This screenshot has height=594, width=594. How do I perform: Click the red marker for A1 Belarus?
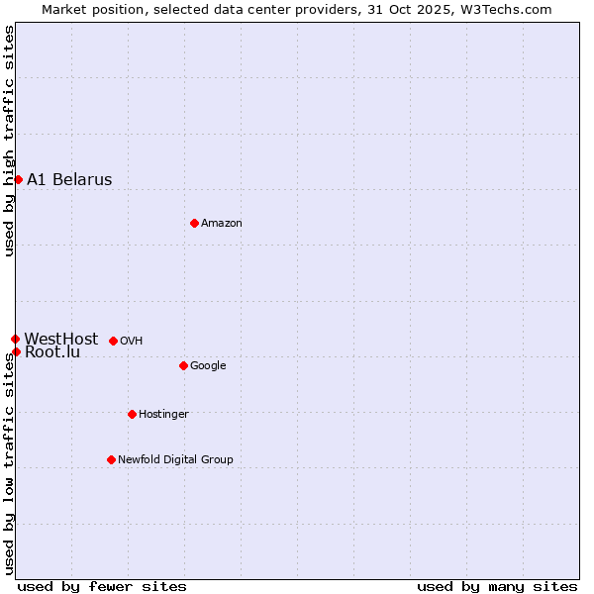[x=18, y=179]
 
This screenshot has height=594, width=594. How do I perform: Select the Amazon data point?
[x=194, y=223]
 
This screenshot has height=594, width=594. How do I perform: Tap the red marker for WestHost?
[x=15, y=339]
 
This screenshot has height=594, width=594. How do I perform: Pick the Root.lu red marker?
[x=16, y=351]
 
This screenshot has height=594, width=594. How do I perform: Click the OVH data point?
[x=113, y=341]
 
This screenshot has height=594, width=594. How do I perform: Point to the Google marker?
[x=183, y=365]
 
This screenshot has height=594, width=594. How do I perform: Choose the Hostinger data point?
[x=132, y=414]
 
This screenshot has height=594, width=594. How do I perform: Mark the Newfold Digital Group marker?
[x=111, y=459]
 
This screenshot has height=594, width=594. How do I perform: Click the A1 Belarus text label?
[x=69, y=180]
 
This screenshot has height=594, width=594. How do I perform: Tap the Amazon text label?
[x=221, y=224]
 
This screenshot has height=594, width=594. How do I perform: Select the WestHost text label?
[x=61, y=339]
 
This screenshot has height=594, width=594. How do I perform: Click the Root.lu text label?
[x=52, y=352]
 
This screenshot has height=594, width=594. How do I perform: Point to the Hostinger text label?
[x=163, y=414]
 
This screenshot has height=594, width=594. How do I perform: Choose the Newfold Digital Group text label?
[x=175, y=459]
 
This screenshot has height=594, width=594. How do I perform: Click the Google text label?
[x=208, y=366]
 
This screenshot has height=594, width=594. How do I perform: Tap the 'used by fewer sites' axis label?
[x=102, y=587]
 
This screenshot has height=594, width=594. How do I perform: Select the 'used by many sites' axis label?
[x=497, y=587]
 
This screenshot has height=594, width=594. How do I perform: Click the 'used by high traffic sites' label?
[x=9, y=141]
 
